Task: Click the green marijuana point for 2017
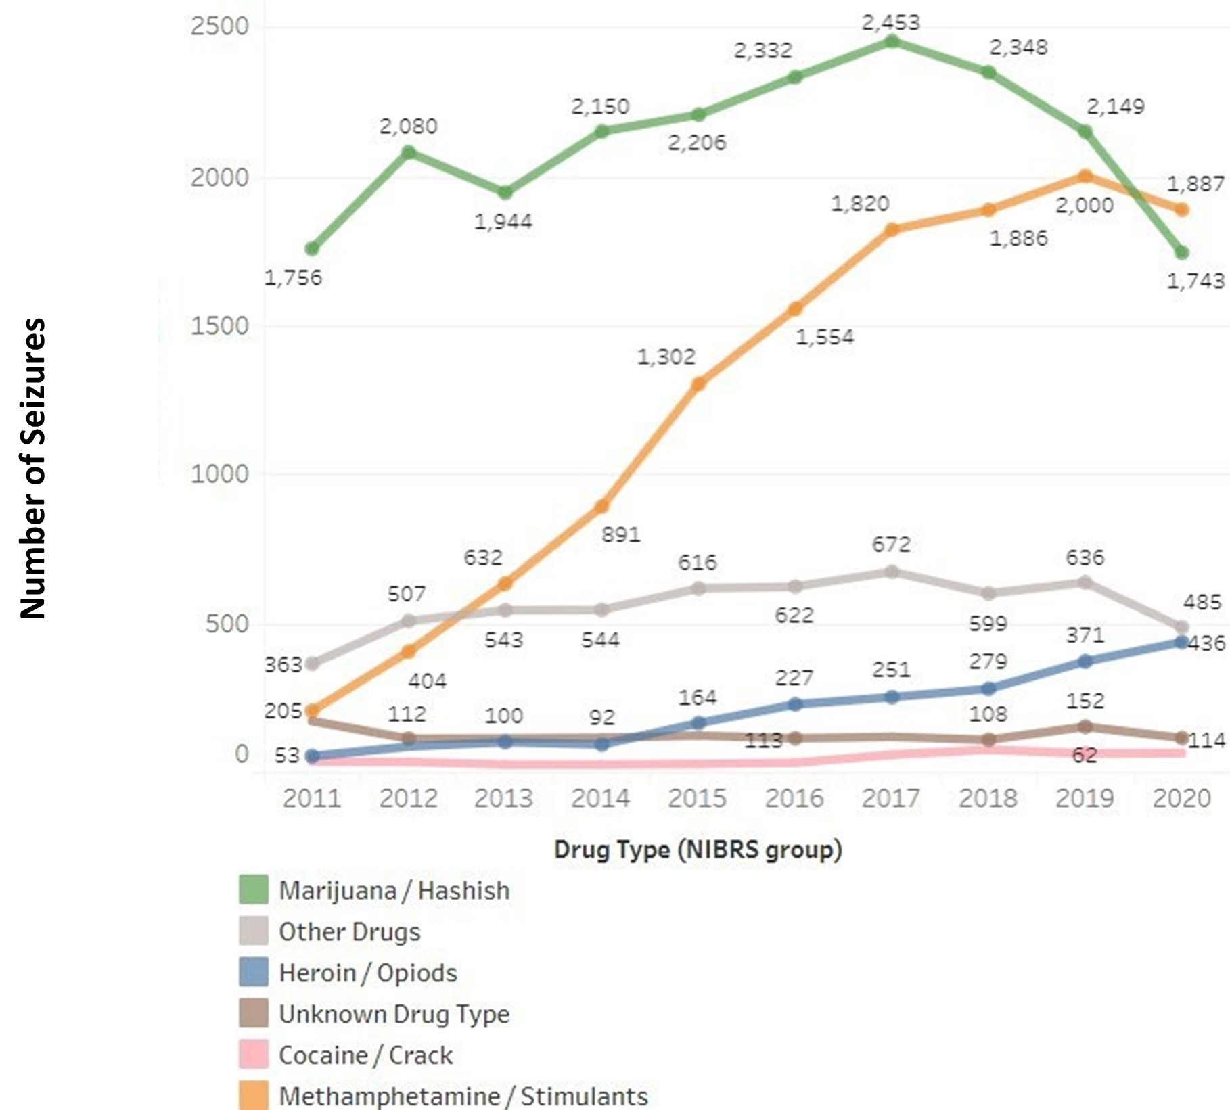892,42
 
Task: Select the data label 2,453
890,22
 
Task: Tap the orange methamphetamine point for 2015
698,384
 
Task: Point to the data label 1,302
666,356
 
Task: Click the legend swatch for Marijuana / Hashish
253,889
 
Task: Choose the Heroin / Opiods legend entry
368,973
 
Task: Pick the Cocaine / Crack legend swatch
253,1055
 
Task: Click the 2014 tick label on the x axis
600,798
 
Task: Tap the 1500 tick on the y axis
219,326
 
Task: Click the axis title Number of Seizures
32,468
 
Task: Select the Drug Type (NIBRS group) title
698,850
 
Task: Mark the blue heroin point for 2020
1182,642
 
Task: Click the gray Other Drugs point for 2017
892,572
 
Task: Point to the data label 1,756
292,277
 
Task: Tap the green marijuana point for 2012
409,152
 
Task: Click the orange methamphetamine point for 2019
1085,177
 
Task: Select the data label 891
620,534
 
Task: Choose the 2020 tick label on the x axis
1181,798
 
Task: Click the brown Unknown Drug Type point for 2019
1085,726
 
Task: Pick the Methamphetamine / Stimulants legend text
463,1096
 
